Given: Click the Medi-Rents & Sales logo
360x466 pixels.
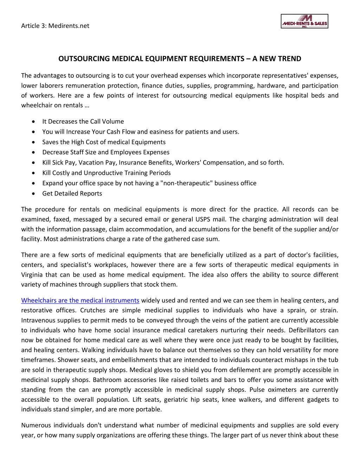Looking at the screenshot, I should click(304, 21).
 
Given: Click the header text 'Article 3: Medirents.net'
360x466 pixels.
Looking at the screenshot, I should click(55, 26).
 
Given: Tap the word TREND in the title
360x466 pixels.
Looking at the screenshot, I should click(289, 59).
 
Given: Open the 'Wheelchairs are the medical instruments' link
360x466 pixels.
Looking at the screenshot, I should click(80, 300).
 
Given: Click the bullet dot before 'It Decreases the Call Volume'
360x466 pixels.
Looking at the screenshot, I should click(33, 122).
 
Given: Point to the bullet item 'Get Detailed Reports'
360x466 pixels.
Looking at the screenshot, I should click(72, 193).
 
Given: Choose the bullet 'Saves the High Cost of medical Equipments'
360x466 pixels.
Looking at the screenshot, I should click(104, 142).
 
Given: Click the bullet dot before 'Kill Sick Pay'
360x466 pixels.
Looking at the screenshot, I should click(33, 162).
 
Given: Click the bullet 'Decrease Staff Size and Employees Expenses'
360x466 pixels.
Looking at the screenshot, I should click(106, 152).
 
